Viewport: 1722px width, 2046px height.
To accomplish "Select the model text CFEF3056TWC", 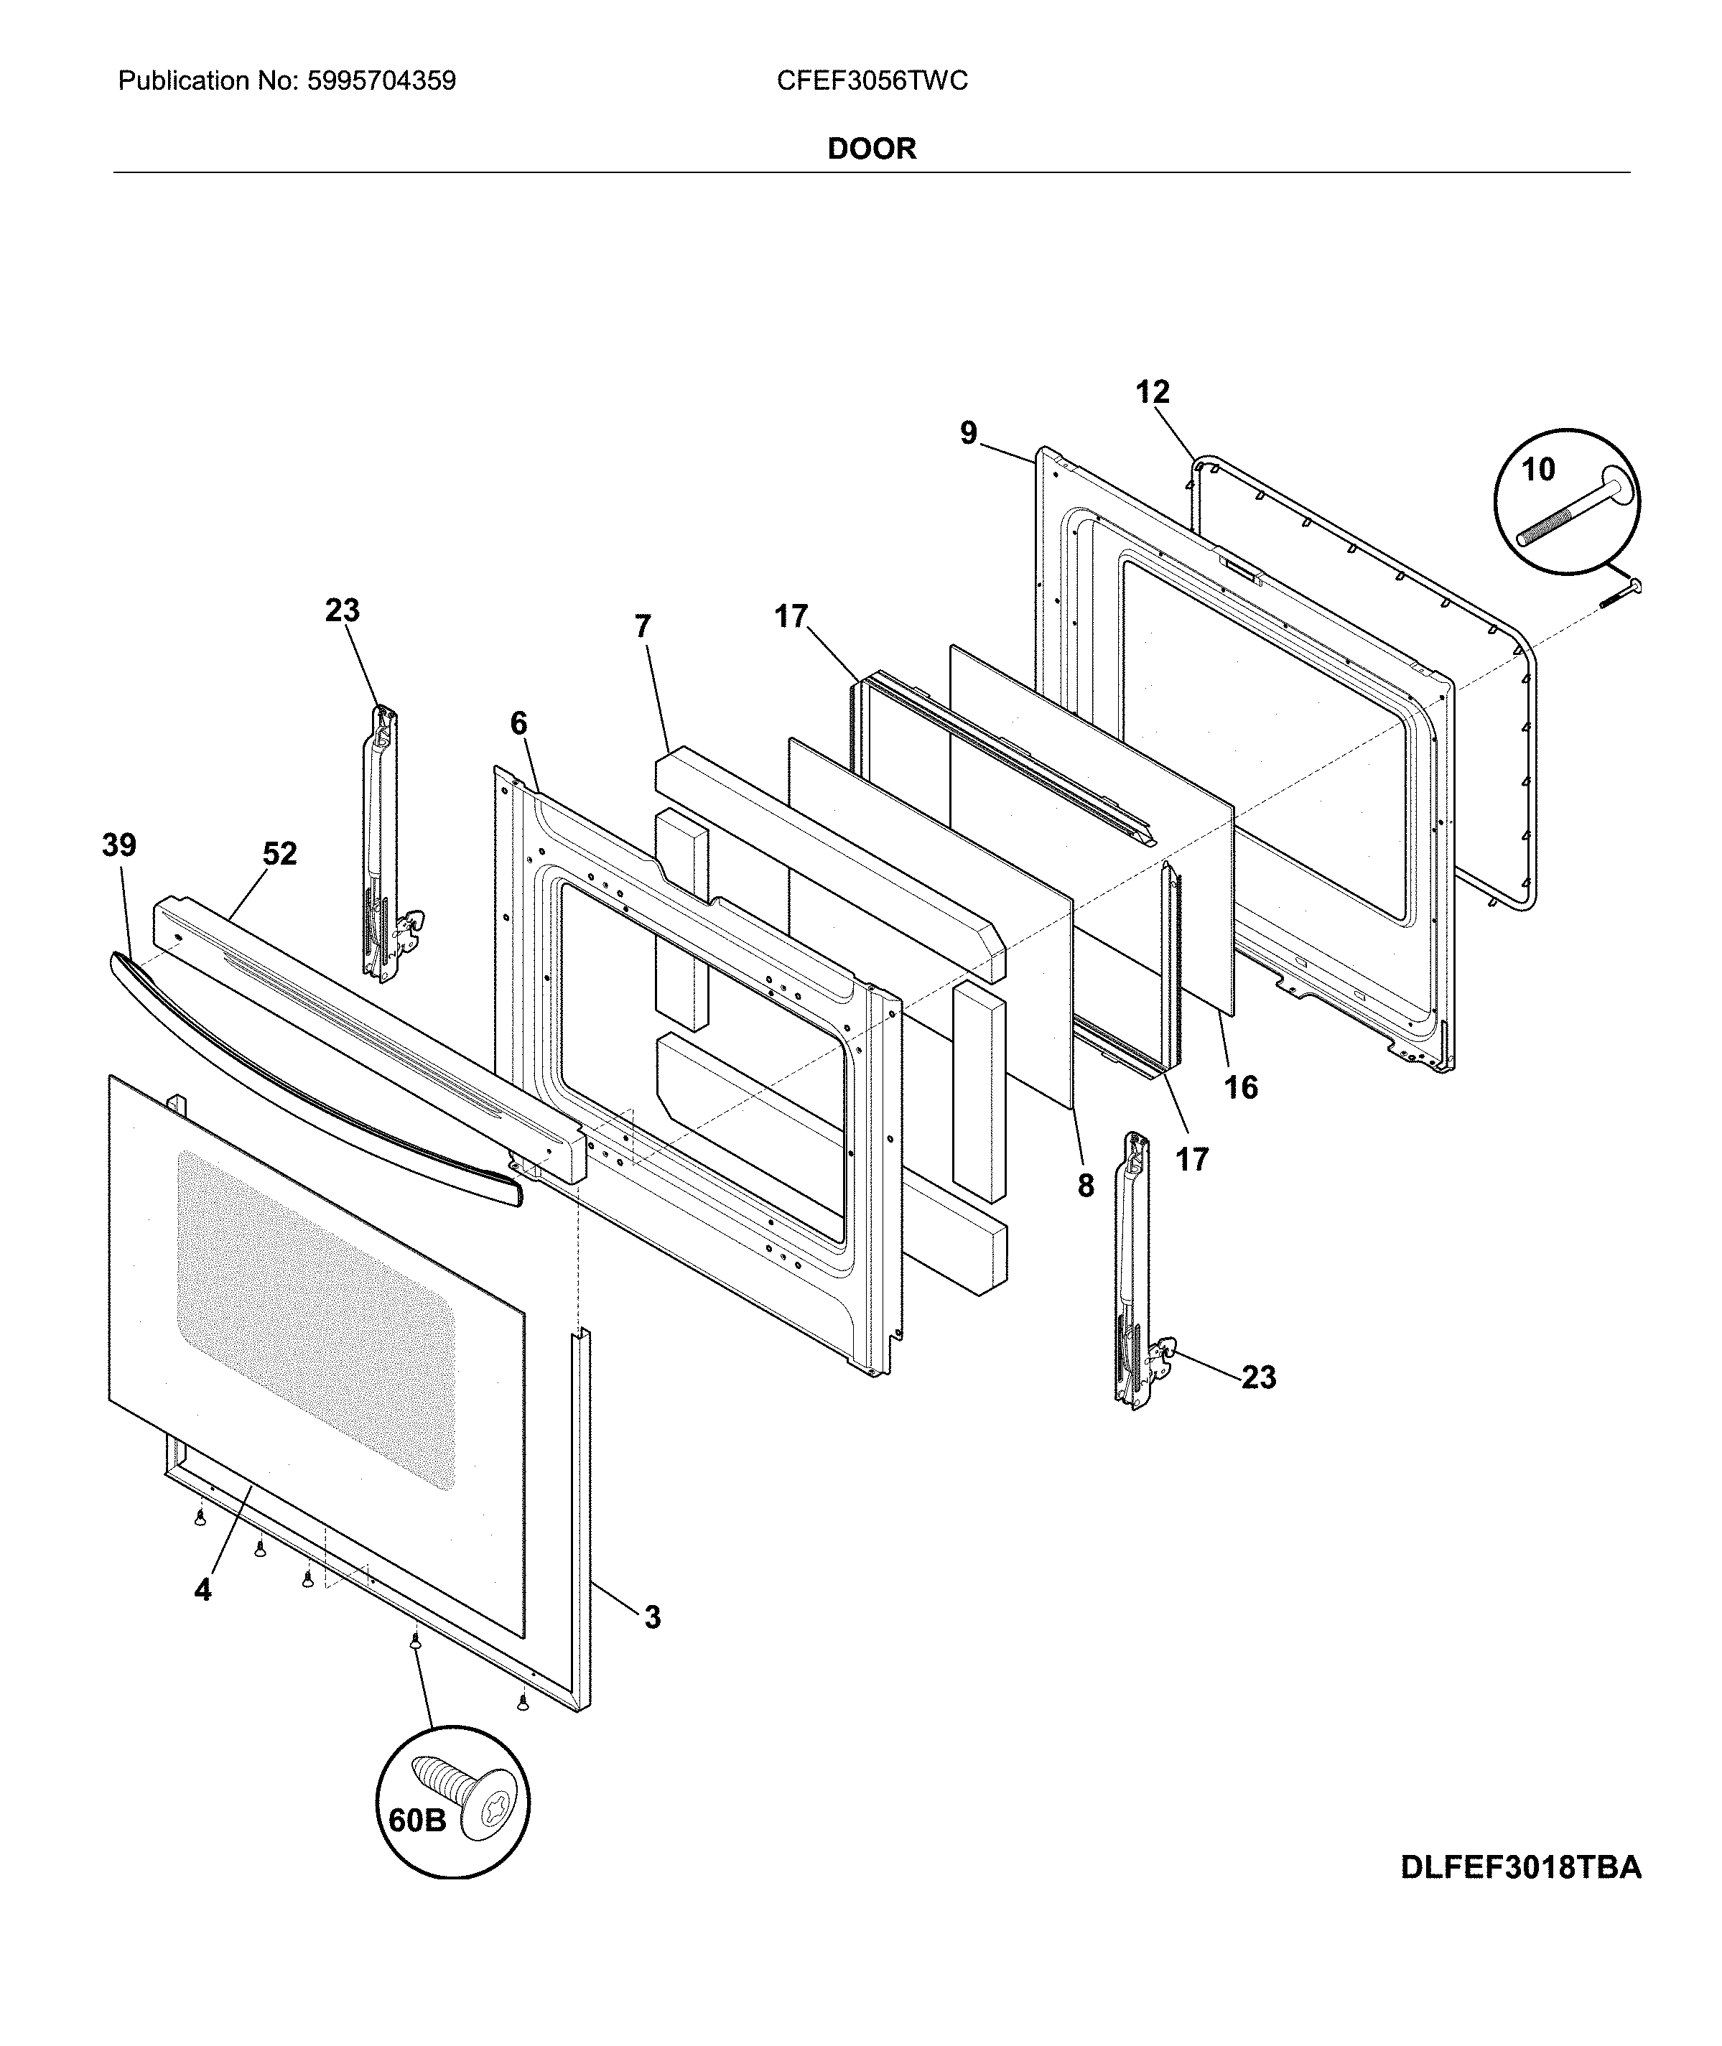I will tap(872, 81).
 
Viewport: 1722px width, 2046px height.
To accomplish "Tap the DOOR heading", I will tap(872, 149).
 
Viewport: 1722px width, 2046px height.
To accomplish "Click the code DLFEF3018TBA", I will tap(1521, 1866).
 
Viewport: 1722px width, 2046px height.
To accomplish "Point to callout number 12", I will tap(1152, 392).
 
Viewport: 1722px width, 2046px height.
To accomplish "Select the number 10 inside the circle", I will tap(1537, 470).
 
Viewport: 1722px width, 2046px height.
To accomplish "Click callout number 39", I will tap(119, 845).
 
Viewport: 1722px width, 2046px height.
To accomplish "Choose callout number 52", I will tap(279, 854).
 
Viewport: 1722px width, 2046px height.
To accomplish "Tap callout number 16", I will tap(1241, 1087).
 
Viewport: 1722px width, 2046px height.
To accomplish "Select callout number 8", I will tap(1086, 1185).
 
